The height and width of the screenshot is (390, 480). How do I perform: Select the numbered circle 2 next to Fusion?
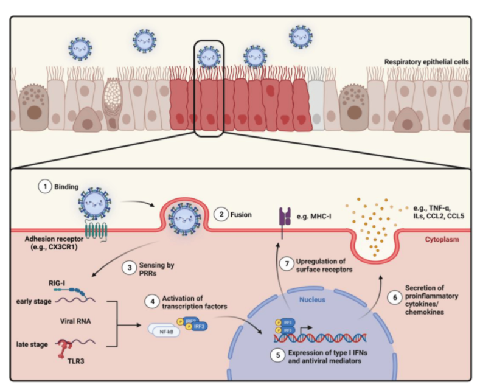223,214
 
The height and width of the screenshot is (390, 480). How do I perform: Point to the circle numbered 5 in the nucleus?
279,353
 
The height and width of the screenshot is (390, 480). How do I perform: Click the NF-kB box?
162,331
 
